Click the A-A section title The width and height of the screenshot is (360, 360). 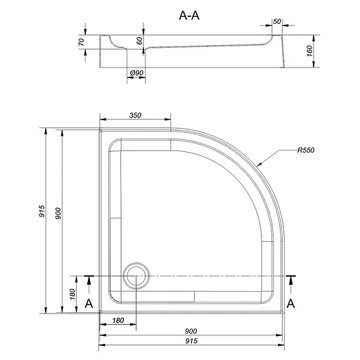click(x=189, y=15)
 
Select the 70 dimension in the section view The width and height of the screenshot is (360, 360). click(x=81, y=42)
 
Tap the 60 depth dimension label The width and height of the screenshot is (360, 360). click(x=139, y=41)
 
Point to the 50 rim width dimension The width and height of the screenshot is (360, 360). click(x=277, y=21)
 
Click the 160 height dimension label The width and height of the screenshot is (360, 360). click(x=309, y=51)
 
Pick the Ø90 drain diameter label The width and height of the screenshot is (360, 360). click(x=136, y=73)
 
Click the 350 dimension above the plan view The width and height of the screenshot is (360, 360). click(x=135, y=115)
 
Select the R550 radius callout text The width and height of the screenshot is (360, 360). click(x=306, y=150)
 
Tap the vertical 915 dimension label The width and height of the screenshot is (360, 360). click(x=41, y=211)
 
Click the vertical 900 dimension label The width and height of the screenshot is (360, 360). click(x=58, y=213)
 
